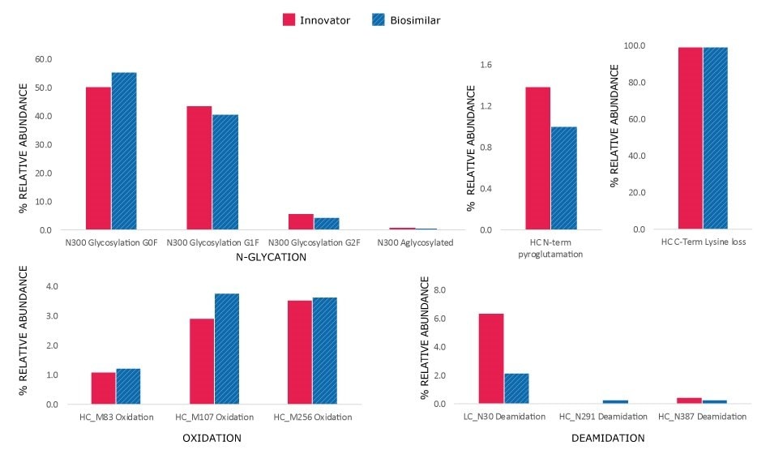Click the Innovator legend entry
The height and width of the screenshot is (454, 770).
click(x=316, y=19)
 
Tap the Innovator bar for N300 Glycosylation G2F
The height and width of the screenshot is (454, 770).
click(x=301, y=221)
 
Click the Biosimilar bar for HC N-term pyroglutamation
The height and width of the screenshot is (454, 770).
click(x=564, y=178)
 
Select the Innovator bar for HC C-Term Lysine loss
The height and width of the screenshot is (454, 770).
click(x=690, y=138)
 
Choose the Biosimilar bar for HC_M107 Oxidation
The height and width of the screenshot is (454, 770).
click(x=227, y=349)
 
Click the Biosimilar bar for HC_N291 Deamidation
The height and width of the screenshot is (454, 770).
click(x=614, y=401)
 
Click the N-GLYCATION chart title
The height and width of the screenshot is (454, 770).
click(x=271, y=258)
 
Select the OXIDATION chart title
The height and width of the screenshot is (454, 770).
click(x=213, y=438)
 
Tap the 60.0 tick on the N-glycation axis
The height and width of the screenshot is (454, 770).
click(x=41, y=59)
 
